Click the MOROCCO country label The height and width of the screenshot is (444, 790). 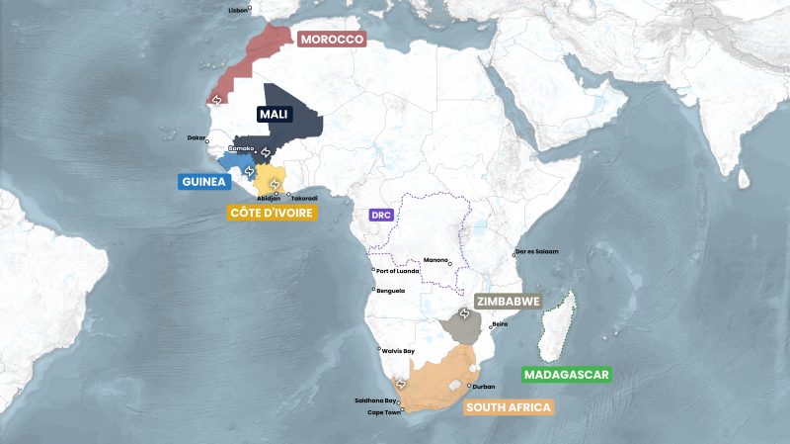[331, 39]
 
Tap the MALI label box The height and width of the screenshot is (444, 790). [274, 115]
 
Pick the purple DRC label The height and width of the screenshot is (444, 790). [380, 214]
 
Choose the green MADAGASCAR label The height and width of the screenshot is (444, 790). [567, 375]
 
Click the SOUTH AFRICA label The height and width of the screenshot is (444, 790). [508, 406]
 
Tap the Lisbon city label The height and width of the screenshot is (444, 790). [238, 10]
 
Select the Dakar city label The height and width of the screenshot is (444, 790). [197, 138]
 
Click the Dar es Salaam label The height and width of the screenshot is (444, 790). [537, 251]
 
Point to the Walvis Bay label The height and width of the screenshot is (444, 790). [398, 351]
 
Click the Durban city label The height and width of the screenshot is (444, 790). [484, 387]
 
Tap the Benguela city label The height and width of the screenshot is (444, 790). [391, 291]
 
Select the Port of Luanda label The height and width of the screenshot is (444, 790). [397, 271]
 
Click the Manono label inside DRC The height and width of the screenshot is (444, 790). [435, 260]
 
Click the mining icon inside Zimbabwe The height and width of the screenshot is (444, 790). [464, 314]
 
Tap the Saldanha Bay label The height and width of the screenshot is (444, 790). [375, 400]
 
